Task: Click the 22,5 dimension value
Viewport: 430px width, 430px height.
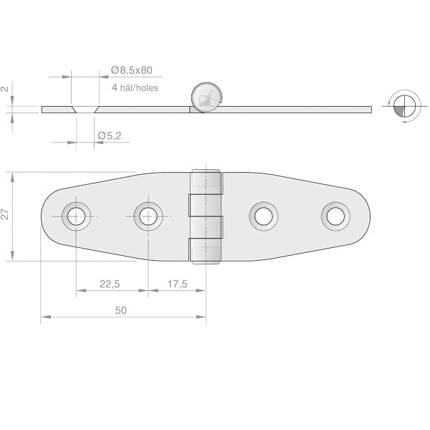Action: click(110, 285)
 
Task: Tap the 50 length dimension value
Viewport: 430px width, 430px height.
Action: click(120, 310)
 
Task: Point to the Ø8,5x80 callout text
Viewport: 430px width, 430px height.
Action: click(132, 70)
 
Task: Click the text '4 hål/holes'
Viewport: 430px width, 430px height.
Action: click(135, 87)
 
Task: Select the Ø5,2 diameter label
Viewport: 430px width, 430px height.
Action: click(109, 135)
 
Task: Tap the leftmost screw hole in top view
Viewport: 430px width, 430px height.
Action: click(77, 216)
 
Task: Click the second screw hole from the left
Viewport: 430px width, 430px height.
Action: click(148, 216)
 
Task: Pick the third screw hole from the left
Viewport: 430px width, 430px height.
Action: click(263, 215)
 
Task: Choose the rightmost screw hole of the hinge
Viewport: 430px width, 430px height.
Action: click(335, 215)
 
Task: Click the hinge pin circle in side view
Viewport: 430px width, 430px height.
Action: click(205, 96)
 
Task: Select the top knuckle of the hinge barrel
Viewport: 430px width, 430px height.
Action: click(205, 183)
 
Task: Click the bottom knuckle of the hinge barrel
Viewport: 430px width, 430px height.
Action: click(205, 251)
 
